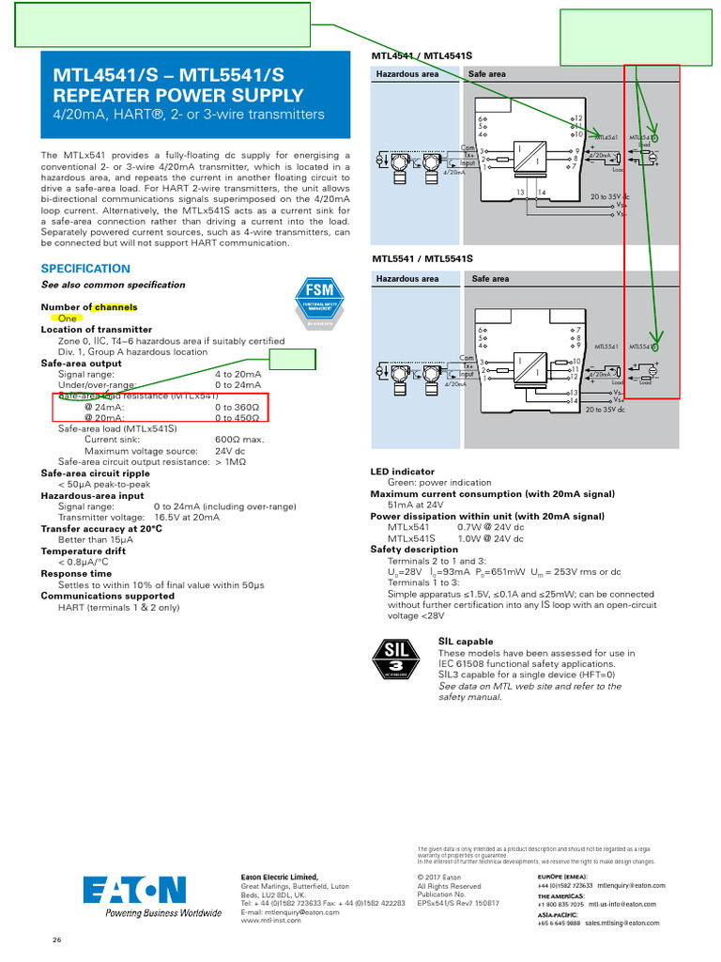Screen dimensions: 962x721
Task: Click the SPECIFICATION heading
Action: click(x=85, y=269)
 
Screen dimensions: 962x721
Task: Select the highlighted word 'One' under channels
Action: click(x=68, y=318)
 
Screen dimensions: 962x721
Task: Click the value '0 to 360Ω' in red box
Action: click(x=238, y=407)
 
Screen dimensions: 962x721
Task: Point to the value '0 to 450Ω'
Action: click(x=238, y=418)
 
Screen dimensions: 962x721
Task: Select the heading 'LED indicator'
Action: click(x=403, y=472)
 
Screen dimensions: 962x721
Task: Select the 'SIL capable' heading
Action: click(x=466, y=642)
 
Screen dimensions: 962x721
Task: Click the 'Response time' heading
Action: click(x=76, y=573)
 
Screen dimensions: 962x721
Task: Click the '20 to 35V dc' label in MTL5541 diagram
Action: click(x=606, y=411)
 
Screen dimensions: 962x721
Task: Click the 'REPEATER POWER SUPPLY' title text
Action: click(x=178, y=95)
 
